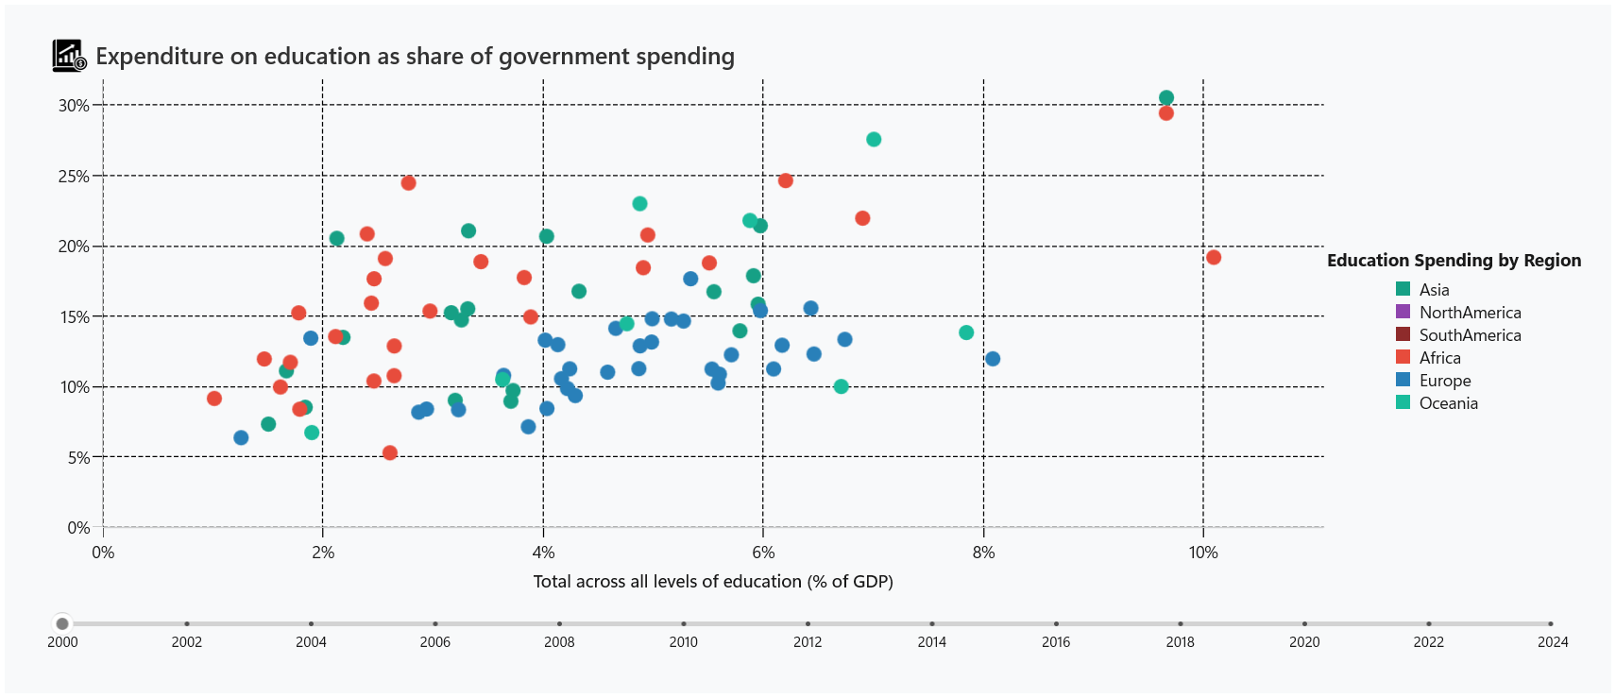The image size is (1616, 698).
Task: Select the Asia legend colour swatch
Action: pyautogui.click(x=1403, y=289)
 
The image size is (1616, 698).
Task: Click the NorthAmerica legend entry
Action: pyautogui.click(x=1470, y=313)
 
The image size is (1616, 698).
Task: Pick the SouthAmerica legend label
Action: pyautogui.click(x=1470, y=335)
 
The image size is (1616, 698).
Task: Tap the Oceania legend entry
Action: pyautogui.click(x=1448, y=403)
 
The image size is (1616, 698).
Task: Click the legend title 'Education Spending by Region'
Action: pyautogui.click(x=1454, y=261)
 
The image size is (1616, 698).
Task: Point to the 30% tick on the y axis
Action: pyautogui.click(x=74, y=106)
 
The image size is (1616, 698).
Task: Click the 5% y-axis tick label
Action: pyautogui.click(x=78, y=458)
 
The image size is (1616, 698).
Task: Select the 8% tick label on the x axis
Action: pyautogui.click(x=983, y=553)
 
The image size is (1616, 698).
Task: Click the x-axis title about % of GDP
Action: pyautogui.click(x=713, y=582)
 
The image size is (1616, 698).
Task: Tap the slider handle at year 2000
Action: pyautogui.click(x=62, y=623)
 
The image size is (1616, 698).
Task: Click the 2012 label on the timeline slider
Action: pyautogui.click(x=808, y=642)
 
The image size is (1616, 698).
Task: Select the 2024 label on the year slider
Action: pyautogui.click(x=1552, y=642)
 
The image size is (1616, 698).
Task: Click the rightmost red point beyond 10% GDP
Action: pyautogui.click(x=1214, y=258)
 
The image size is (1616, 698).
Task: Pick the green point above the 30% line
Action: pyautogui.click(x=1166, y=98)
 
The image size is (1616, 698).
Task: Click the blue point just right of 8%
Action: pyautogui.click(x=993, y=359)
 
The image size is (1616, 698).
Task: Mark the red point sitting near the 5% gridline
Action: pyautogui.click(x=390, y=453)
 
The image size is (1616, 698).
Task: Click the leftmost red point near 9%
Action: pyautogui.click(x=214, y=399)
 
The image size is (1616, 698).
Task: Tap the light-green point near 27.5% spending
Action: pyautogui.click(x=874, y=140)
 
